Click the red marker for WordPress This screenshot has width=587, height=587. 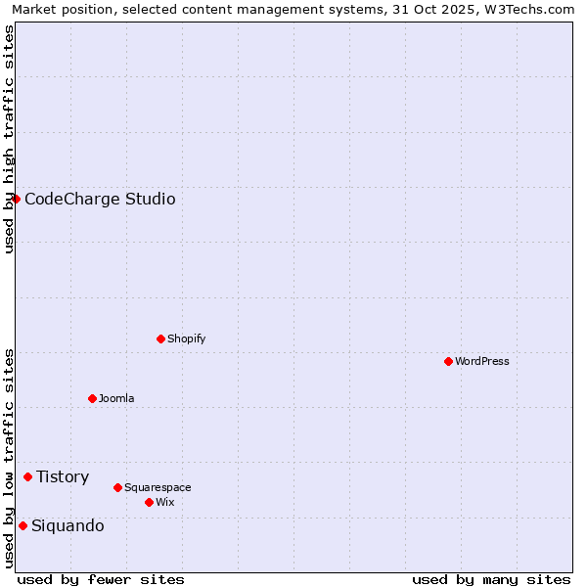pos(448,361)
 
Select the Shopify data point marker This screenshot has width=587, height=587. pos(160,339)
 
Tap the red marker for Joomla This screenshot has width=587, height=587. pos(92,398)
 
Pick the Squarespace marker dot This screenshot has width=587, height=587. pos(117,487)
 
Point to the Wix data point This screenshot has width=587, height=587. pos(149,502)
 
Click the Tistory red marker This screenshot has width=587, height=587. pos(27,476)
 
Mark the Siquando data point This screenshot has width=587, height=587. pos(23,525)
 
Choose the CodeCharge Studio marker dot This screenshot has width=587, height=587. pos(16,199)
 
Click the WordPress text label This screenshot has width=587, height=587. pos(482,361)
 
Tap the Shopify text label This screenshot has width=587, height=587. pos(186,339)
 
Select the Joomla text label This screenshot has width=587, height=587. pos(116,398)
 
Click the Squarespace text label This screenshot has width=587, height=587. pos(158,487)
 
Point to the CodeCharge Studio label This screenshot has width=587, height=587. pos(100,200)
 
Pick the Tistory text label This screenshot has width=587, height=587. pos(63,477)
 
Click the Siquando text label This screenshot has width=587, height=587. pos(68,526)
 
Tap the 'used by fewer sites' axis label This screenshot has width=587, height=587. pos(101,579)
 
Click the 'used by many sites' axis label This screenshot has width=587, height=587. pos(491,579)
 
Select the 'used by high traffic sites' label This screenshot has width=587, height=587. pos(9,138)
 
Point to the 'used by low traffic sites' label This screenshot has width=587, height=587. pos(9,458)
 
